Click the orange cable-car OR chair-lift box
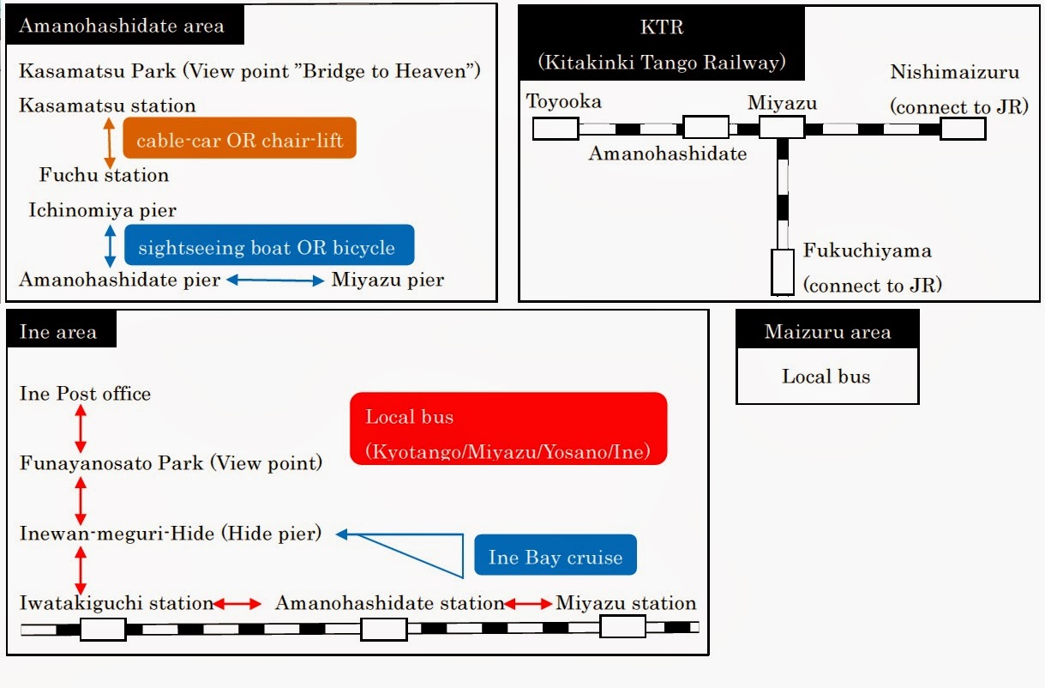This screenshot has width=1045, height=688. point(239,138)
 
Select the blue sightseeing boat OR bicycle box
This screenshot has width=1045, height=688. point(269,246)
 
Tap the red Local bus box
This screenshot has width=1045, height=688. point(507,429)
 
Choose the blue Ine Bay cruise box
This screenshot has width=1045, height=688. point(556,556)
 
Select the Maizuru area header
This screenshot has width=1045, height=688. point(827,332)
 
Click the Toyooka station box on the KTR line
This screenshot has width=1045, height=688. point(556,129)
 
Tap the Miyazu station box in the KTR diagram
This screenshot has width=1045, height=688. point(782,128)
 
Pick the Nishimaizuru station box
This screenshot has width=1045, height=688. point(963,129)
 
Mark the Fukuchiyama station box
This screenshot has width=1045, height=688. point(783,271)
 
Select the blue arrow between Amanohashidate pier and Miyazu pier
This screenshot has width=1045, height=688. point(276,280)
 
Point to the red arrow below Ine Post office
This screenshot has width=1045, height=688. point(81,428)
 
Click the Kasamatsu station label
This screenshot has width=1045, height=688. point(107,106)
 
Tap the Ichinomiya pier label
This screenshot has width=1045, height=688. point(102,210)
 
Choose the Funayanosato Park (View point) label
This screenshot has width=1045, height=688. point(171,463)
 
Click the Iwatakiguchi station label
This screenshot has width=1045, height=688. point(116,603)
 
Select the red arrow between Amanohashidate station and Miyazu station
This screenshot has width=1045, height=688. point(530,603)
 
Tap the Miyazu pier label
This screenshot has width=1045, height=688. point(387,280)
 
